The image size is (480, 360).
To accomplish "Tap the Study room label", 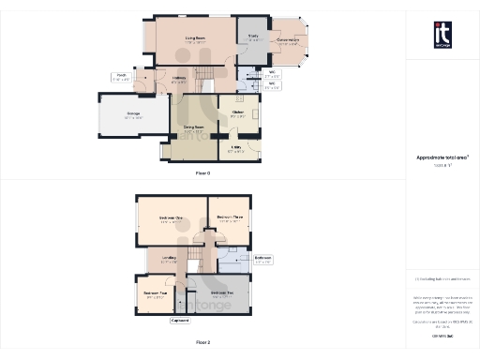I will tap(252, 37).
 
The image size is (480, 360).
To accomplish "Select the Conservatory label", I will tap(288, 40).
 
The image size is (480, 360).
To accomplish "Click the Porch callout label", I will tap(120, 77).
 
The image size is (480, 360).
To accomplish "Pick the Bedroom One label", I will tap(171, 220).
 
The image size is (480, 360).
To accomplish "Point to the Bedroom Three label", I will tap(229, 217).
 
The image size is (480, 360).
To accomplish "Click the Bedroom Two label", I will tap(235, 294).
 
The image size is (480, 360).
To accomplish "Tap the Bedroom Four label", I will tap(155, 294).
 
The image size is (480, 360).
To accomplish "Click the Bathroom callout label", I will tap(263, 259).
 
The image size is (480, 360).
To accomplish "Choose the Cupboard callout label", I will tap(180, 322).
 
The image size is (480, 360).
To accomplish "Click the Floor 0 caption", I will tap(202, 174).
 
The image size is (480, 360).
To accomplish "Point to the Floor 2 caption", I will tap(202, 344).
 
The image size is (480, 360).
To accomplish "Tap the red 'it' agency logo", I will tap(442, 32).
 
